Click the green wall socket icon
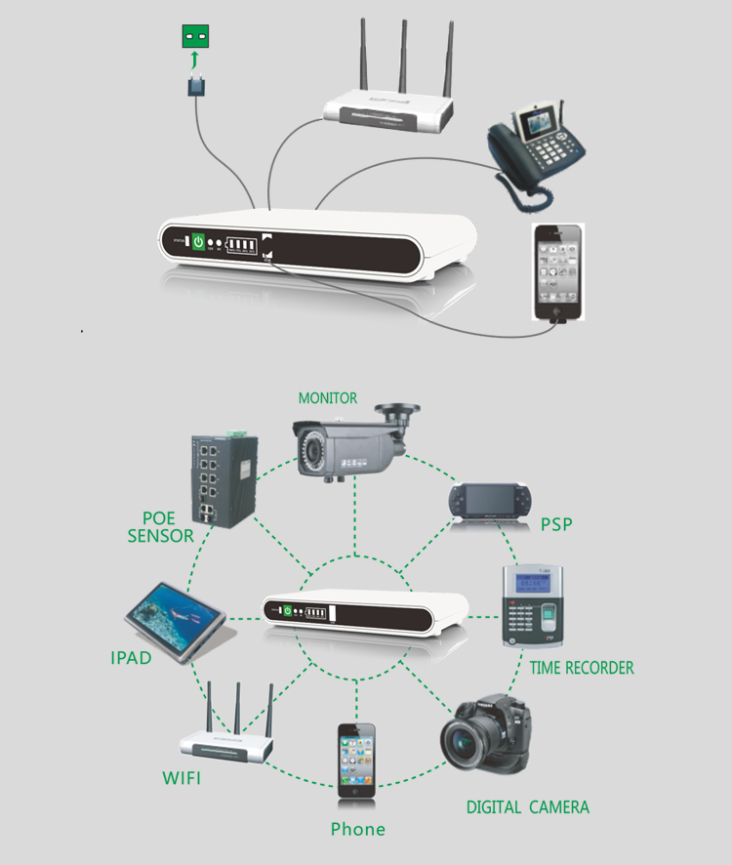[195, 36]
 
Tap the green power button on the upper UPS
[198, 241]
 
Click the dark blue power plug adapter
[196, 85]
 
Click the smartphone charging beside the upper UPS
[558, 272]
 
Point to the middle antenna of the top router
[404, 57]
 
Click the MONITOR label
[328, 397]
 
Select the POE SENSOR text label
[160, 527]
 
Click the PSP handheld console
[490, 501]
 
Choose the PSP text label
[556, 524]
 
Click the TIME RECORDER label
[582, 668]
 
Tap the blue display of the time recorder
[532, 582]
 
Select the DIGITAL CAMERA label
[528, 807]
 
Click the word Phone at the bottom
[358, 829]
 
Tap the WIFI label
[182, 778]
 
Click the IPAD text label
[131, 658]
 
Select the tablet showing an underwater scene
[176, 621]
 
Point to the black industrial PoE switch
[224, 479]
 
